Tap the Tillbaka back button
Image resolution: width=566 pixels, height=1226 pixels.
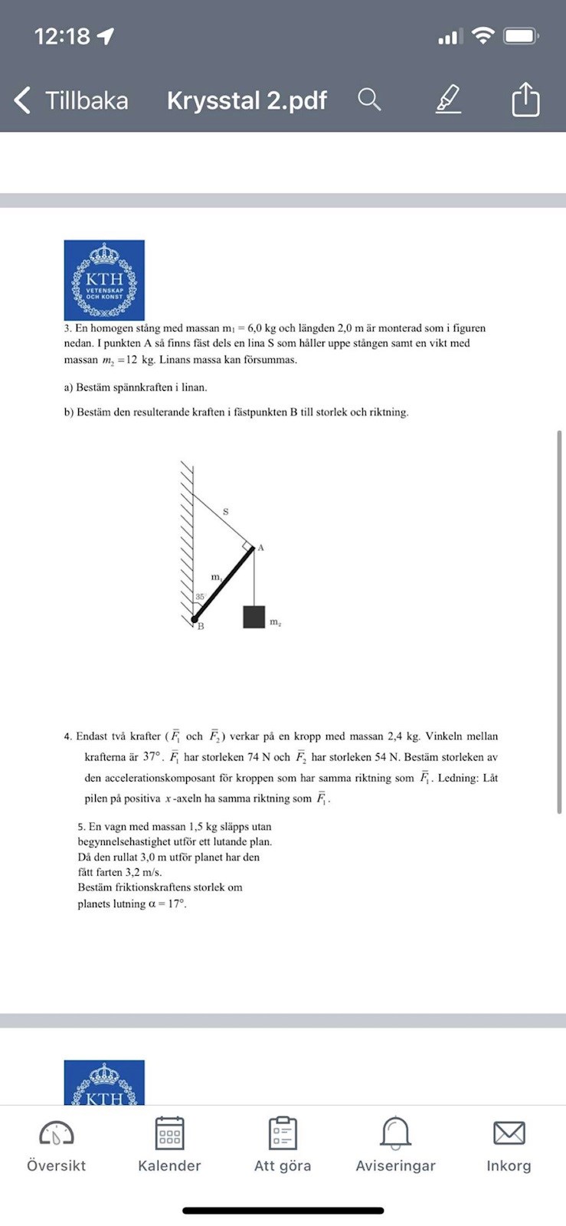click(70, 100)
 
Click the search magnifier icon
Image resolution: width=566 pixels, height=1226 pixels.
click(369, 100)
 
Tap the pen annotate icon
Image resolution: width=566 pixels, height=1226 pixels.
click(449, 100)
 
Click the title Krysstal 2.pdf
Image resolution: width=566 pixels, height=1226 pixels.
click(247, 100)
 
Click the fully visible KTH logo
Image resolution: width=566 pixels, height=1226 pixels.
click(104, 280)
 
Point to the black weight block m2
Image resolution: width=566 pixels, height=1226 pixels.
click(254, 617)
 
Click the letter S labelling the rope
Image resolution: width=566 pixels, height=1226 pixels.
click(225, 511)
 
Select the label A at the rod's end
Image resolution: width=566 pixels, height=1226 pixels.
click(260, 548)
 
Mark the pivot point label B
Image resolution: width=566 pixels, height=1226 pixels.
click(201, 627)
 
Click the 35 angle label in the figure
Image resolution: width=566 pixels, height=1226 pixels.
click(199, 597)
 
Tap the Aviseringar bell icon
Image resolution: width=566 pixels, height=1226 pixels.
click(395, 1133)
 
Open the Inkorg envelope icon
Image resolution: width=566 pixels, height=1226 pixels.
click(509, 1133)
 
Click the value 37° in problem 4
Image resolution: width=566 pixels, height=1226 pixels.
click(152, 757)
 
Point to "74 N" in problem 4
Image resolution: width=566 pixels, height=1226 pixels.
click(260, 757)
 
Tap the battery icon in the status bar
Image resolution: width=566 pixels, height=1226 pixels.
click(520, 36)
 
